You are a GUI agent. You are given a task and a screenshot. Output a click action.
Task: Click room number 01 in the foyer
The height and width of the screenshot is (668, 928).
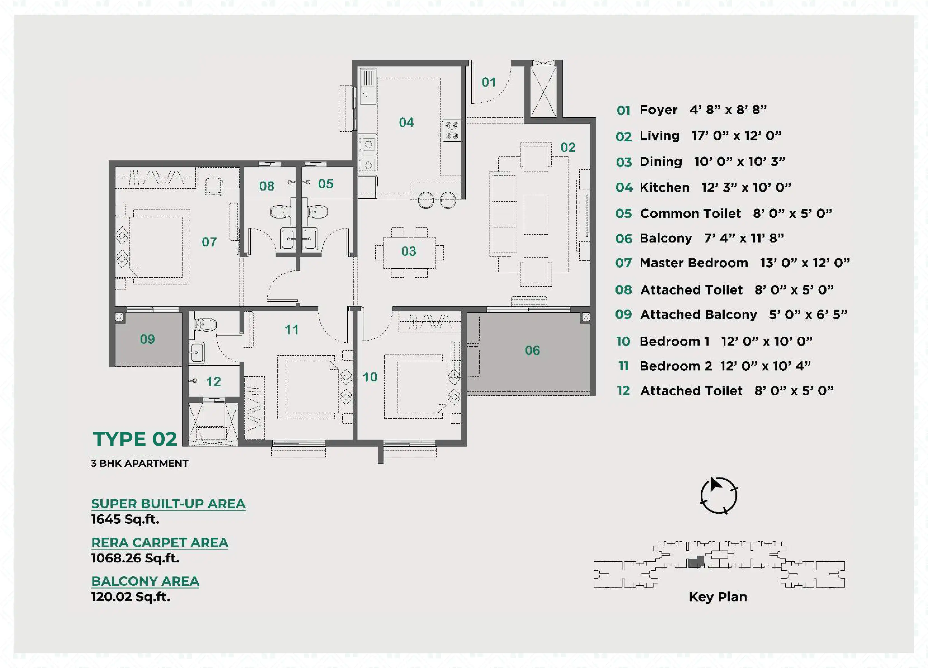[x=489, y=82]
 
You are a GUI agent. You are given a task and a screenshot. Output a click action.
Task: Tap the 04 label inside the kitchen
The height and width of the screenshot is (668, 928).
[x=406, y=122]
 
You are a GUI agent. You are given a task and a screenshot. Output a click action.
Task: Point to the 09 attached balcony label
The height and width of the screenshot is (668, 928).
[x=147, y=339]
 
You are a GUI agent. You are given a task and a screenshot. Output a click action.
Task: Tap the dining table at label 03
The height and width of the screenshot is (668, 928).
[x=409, y=252]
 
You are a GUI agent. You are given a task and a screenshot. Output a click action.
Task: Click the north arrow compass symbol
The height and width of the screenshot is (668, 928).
[x=719, y=495]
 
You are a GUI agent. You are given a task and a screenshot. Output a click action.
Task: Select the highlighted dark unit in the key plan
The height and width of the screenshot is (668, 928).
[x=696, y=562]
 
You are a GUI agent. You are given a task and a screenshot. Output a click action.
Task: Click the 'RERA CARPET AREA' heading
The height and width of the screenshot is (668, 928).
[x=160, y=542]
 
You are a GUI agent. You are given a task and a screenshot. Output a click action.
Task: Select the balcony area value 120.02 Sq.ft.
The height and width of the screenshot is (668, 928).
[x=131, y=597]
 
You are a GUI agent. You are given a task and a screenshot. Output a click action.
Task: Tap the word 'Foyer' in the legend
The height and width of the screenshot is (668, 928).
[x=658, y=110]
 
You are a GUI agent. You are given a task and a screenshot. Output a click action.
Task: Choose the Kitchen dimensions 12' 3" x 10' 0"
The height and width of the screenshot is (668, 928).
[x=746, y=187]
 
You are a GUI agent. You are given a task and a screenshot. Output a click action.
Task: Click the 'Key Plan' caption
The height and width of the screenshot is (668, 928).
[x=718, y=597]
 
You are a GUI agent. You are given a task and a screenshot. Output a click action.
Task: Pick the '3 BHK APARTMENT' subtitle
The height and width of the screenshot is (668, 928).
[x=139, y=463]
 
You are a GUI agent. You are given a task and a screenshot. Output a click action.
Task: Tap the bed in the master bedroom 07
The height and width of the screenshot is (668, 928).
[x=155, y=247]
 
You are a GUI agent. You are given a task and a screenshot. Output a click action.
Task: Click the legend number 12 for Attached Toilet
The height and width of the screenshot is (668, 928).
[x=623, y=391]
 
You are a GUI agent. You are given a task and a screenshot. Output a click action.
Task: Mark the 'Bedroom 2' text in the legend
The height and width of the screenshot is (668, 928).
[x=676, y=366]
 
